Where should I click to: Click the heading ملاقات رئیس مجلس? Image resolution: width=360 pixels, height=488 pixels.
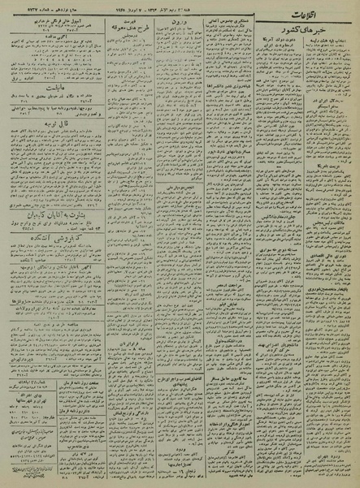(x=272, y=244)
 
